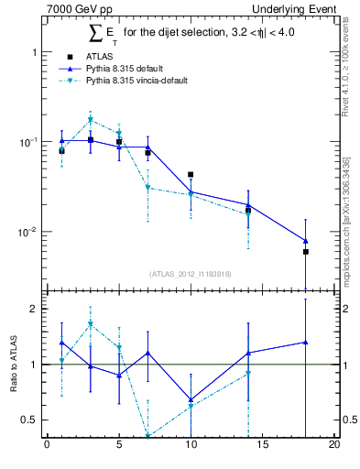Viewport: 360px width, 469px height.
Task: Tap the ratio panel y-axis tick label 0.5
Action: click(x=32, y=420)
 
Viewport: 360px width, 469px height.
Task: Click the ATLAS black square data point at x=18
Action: click(x=306, y=251)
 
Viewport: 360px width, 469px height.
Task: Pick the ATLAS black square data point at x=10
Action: click(x=191, y=174)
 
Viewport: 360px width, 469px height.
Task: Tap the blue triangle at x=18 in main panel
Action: click(x=306, y=241)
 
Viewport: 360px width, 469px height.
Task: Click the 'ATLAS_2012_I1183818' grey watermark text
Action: click(x=190, y=274)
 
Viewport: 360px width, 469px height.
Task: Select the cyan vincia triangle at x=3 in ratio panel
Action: click(x=90, y=323)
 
